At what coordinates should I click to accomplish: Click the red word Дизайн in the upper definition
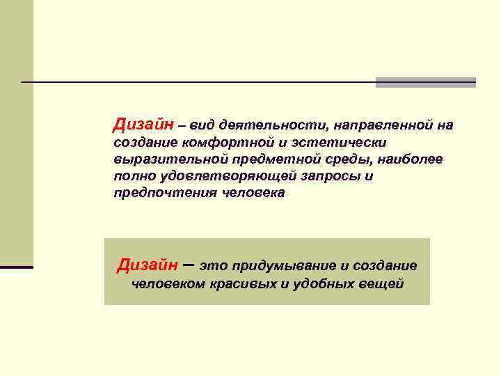click(144, 125)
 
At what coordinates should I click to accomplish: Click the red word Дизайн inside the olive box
click(148, 265)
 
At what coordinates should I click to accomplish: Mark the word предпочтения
click(165, 193)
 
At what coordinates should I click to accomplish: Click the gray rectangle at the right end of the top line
click(425, 82)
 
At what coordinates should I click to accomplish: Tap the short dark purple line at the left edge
click(17, 267)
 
